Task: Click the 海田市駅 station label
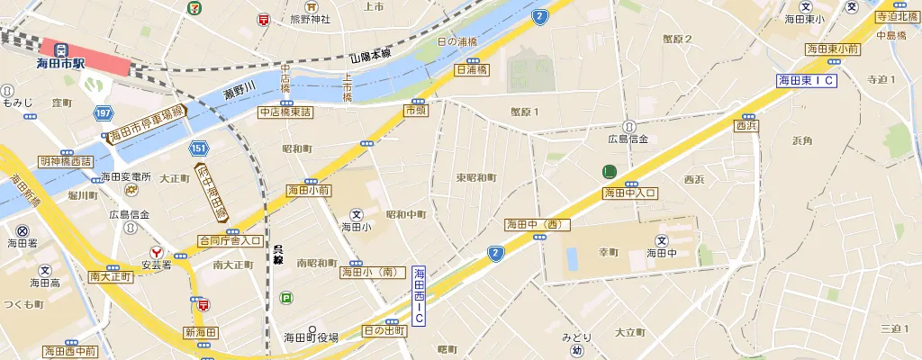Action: [60, 64]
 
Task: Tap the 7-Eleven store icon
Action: [194, 6]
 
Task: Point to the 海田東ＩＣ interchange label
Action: [807, 81]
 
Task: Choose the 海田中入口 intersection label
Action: [630, 193]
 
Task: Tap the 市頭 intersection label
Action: [415, 110]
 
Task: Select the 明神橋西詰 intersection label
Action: [66, 161]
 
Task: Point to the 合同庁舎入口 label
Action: [230, 241]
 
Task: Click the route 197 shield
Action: [103, 112]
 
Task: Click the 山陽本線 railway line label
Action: [370, 56]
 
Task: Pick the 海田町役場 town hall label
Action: [312, 337]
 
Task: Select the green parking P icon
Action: [286, 298]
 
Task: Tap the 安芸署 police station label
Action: [156, 265]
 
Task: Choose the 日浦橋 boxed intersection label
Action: [472, 68]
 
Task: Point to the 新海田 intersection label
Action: [201, 333]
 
